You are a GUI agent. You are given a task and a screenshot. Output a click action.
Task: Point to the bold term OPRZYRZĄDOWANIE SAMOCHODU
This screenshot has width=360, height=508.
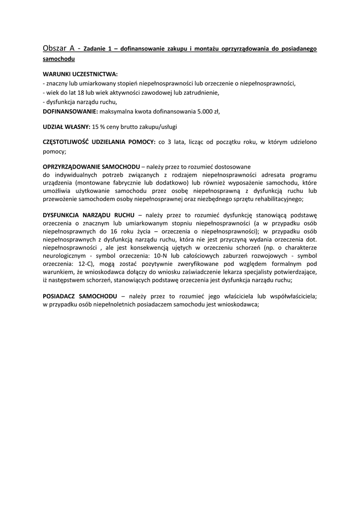(91, 166)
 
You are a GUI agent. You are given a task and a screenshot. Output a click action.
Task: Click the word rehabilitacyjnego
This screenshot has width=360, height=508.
(279, 199)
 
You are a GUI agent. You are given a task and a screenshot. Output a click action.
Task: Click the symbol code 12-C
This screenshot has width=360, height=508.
(87, 264)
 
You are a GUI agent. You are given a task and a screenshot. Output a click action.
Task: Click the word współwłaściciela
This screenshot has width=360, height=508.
(289, 296)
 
